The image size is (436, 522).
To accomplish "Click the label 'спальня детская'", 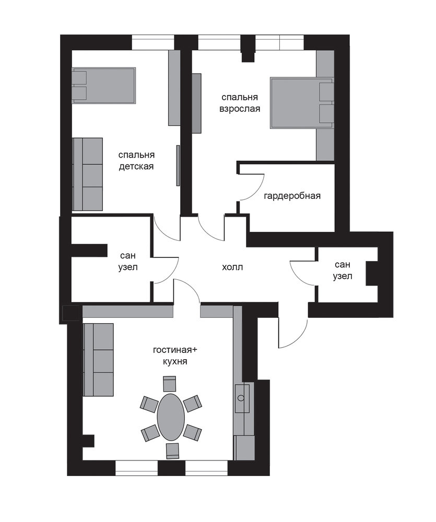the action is pos(136,161).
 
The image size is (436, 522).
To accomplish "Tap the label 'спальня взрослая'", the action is pos(240,103).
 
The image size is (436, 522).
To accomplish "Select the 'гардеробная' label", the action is pos(292,196).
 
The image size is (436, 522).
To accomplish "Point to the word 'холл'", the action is pos(232,267).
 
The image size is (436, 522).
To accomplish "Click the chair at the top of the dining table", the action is pos(170,384).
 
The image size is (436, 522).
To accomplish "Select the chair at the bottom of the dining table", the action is pos(172,451).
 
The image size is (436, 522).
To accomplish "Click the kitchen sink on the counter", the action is pos(242,398).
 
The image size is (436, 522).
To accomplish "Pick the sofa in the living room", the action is pos(98,360).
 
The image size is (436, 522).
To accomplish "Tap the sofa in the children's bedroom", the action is pos(88,174).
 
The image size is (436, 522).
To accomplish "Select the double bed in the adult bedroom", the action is pos(302,103).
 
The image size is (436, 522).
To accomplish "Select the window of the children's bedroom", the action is pos(153,42).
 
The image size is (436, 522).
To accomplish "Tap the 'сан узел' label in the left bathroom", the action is pos(128,262).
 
